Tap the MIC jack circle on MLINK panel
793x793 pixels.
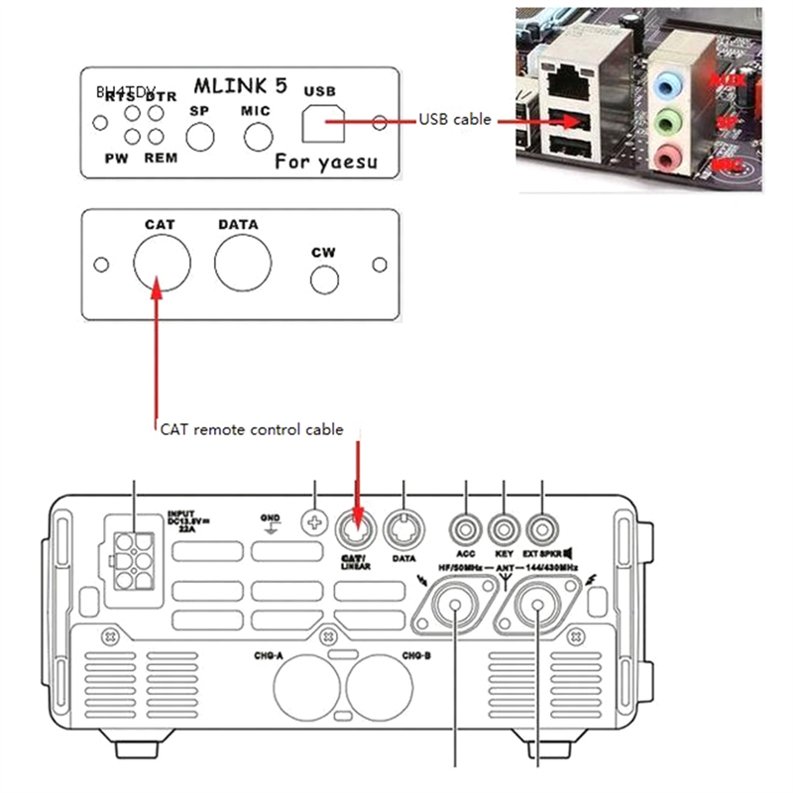tap(258, 134)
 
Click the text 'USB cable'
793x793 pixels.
tap(455, 119)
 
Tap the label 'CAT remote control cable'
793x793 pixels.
tap(252, 430)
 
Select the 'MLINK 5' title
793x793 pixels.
tap(241, 86)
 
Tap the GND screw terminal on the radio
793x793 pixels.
tap(314, 522)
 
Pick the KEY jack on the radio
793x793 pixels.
tap(506, 524)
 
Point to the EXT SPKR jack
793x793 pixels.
tap(542, 524)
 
